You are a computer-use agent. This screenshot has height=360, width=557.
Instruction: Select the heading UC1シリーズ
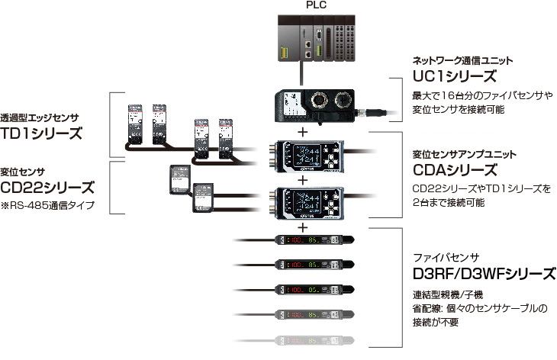pos(454,77)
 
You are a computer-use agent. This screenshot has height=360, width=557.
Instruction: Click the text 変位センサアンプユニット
pos(462,152)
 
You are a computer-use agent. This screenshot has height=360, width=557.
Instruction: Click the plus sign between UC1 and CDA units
pos(303,132)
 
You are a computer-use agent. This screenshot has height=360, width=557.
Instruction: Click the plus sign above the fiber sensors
pos(303,227)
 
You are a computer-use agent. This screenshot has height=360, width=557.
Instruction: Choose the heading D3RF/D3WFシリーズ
pos(483,273)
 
